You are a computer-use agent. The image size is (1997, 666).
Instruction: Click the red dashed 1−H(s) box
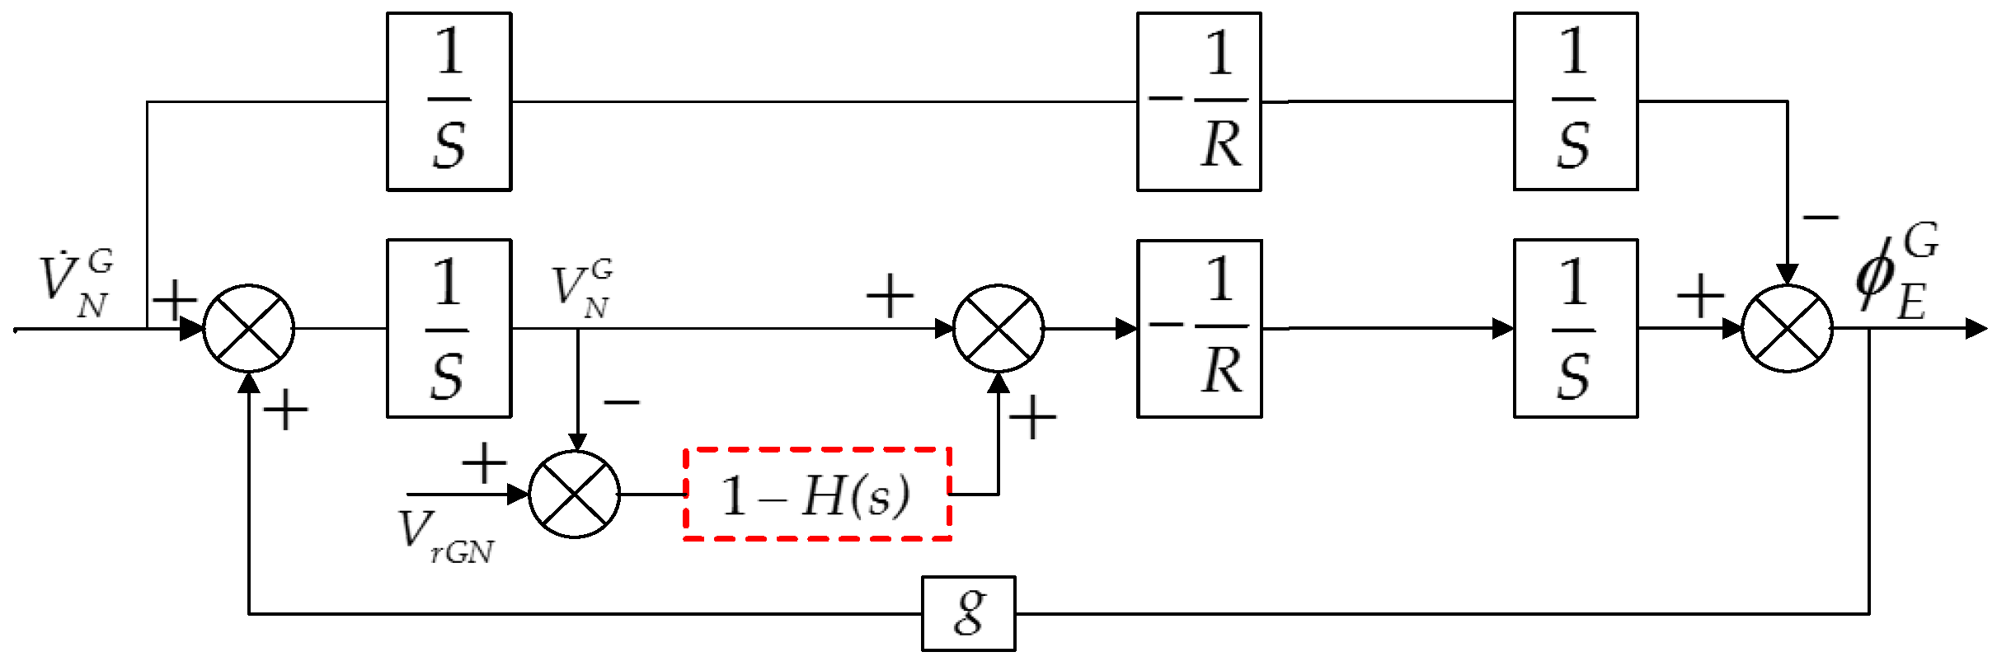[x=817, y=495]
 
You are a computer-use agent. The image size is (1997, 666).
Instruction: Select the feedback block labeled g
[x=968, y=613]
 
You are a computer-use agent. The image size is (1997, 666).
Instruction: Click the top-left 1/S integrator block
[x=449, y=101]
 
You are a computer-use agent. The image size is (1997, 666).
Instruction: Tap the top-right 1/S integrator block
[x=1575, y=101]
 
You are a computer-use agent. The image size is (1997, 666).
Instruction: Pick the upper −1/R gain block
[x=1199, y=101]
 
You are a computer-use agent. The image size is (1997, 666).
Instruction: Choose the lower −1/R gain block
[x=1199, y=329]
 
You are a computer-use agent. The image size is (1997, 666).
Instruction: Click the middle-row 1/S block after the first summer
[x=449, y=329]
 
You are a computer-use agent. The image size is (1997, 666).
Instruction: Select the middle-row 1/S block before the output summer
[x=1575, y=329]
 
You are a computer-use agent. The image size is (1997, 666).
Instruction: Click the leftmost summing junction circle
[x=248, y=329]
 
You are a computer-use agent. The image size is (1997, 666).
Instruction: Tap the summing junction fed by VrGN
[x=574, y=495]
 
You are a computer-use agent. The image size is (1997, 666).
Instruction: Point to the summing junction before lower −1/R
[x=998, y=329]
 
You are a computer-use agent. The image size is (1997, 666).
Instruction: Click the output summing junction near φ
[x=1787, y=329]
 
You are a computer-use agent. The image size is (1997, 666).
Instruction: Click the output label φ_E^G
[x=1896, y=272]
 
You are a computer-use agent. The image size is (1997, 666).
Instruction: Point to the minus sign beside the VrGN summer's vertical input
[x=622, y=402]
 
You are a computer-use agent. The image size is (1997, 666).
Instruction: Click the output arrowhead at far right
[x=1976, y=329]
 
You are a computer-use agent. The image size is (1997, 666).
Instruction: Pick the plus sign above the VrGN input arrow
[x=484, y=463]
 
